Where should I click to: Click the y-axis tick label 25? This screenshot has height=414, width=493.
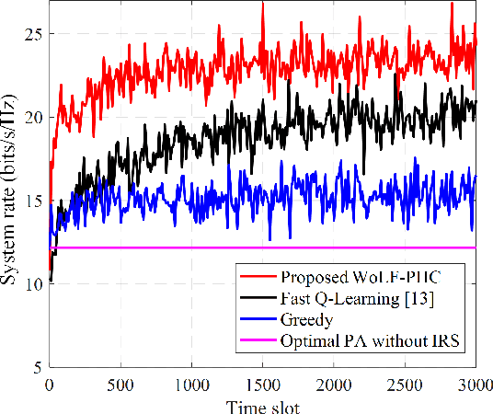31,34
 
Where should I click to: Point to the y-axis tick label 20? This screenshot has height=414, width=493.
31,118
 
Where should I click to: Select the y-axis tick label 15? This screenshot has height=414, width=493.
31,201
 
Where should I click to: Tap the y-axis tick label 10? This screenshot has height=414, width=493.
31,284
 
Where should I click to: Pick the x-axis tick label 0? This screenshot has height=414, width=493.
49,383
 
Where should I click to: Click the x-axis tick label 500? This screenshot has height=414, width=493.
120,383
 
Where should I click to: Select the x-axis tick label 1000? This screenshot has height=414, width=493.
191,383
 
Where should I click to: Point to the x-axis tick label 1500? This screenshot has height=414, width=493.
262,383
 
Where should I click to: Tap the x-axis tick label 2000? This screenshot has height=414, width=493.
333,383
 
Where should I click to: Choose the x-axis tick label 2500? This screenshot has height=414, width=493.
404,383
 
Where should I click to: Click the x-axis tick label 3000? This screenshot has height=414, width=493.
472,383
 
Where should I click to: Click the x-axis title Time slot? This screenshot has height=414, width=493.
261,402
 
